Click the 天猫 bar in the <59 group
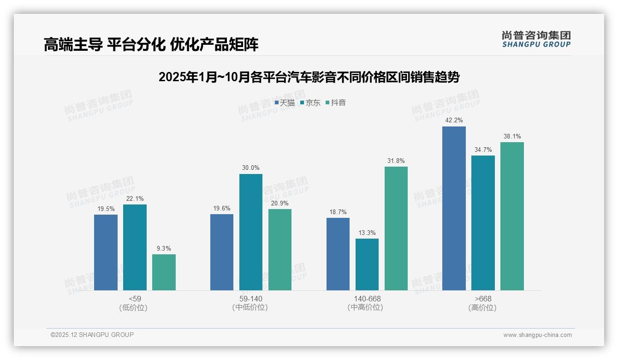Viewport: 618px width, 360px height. [x=106, y=252]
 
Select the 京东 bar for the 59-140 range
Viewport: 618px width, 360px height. [x=250, y=232]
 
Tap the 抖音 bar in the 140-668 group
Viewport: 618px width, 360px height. [x=396, y=228]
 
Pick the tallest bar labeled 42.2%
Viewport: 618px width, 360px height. [x=454, y=208]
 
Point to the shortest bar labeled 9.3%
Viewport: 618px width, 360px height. [x=164, y=272]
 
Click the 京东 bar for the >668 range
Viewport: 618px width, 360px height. [x=483, y=223]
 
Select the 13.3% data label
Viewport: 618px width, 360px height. [x=367, y=233]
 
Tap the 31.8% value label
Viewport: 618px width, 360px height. [x=396, y=161]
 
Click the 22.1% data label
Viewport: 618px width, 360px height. [x=135, y=198]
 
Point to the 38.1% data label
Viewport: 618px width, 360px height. [x=512, y=136]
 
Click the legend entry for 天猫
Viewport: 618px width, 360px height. [x=285, y=102]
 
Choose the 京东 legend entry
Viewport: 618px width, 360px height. [x=310, y=102]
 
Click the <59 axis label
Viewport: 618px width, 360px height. [x=135, y=299]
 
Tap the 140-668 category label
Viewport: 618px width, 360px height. [x=367, y=299]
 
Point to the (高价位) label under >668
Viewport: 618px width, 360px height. [x=482, y=307]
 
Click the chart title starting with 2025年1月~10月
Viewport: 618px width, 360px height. [x=309, y=77]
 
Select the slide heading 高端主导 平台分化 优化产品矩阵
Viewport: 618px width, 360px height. [x=151, y=44]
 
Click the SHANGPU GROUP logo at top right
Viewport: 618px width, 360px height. [x=536, y=39]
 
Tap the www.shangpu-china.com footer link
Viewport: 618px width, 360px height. [x=537, y=335]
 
